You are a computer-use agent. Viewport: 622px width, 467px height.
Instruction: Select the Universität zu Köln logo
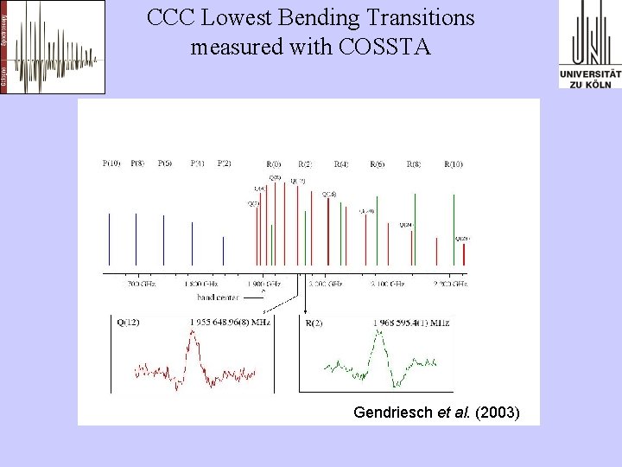pos(590,45)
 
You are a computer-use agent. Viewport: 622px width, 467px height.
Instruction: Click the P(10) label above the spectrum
pos(111,163)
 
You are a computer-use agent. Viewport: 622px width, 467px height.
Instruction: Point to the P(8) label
pos(137,163)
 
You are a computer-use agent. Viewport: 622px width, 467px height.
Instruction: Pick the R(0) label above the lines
pos(274,163)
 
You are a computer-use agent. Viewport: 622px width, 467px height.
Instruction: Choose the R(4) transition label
pos(341,163)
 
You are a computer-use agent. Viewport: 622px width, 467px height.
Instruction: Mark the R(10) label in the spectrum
pos(454,163)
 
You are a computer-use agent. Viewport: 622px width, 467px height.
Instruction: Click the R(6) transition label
pos(378,163)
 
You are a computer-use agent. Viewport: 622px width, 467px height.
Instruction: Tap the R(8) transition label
pos(414,163)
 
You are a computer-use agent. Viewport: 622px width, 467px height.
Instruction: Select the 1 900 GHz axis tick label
pos(263,283)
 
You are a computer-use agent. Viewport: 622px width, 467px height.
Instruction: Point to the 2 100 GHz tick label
pos(387,283)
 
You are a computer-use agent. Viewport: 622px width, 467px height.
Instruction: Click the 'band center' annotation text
pos(218,297)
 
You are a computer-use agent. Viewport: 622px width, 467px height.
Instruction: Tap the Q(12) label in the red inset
pos(128,323)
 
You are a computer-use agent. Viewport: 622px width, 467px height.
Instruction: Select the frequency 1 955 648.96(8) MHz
pos(229,323)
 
